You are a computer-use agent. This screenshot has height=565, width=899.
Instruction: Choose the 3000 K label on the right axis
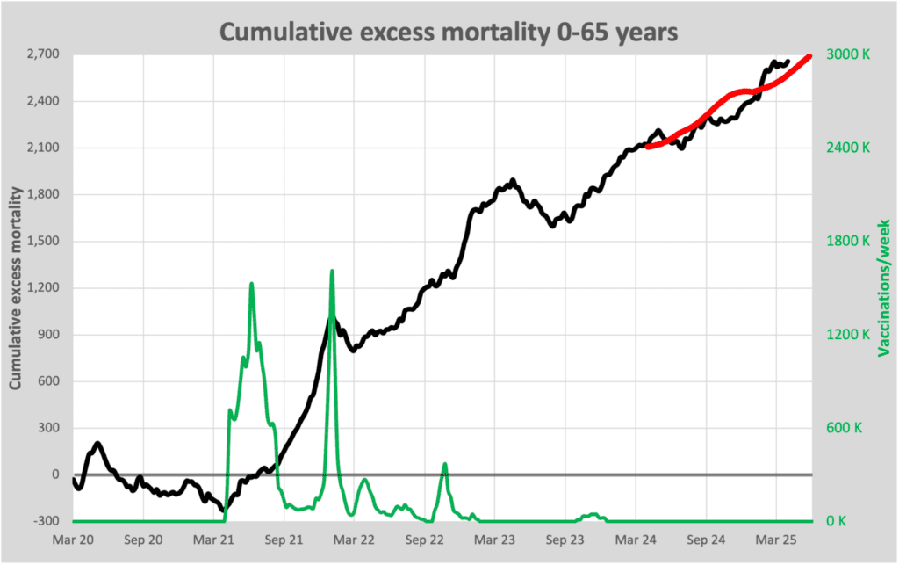click(849, 54)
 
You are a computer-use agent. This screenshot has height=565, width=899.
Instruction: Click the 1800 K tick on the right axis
click(849, 241)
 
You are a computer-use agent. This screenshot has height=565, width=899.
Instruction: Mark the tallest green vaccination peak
click(332, 272)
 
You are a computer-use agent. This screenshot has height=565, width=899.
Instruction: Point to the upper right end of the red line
click(809, 56)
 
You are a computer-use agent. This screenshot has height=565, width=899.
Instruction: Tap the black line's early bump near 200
click(97, 444)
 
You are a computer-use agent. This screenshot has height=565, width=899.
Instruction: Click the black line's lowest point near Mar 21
click(222, 511)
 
